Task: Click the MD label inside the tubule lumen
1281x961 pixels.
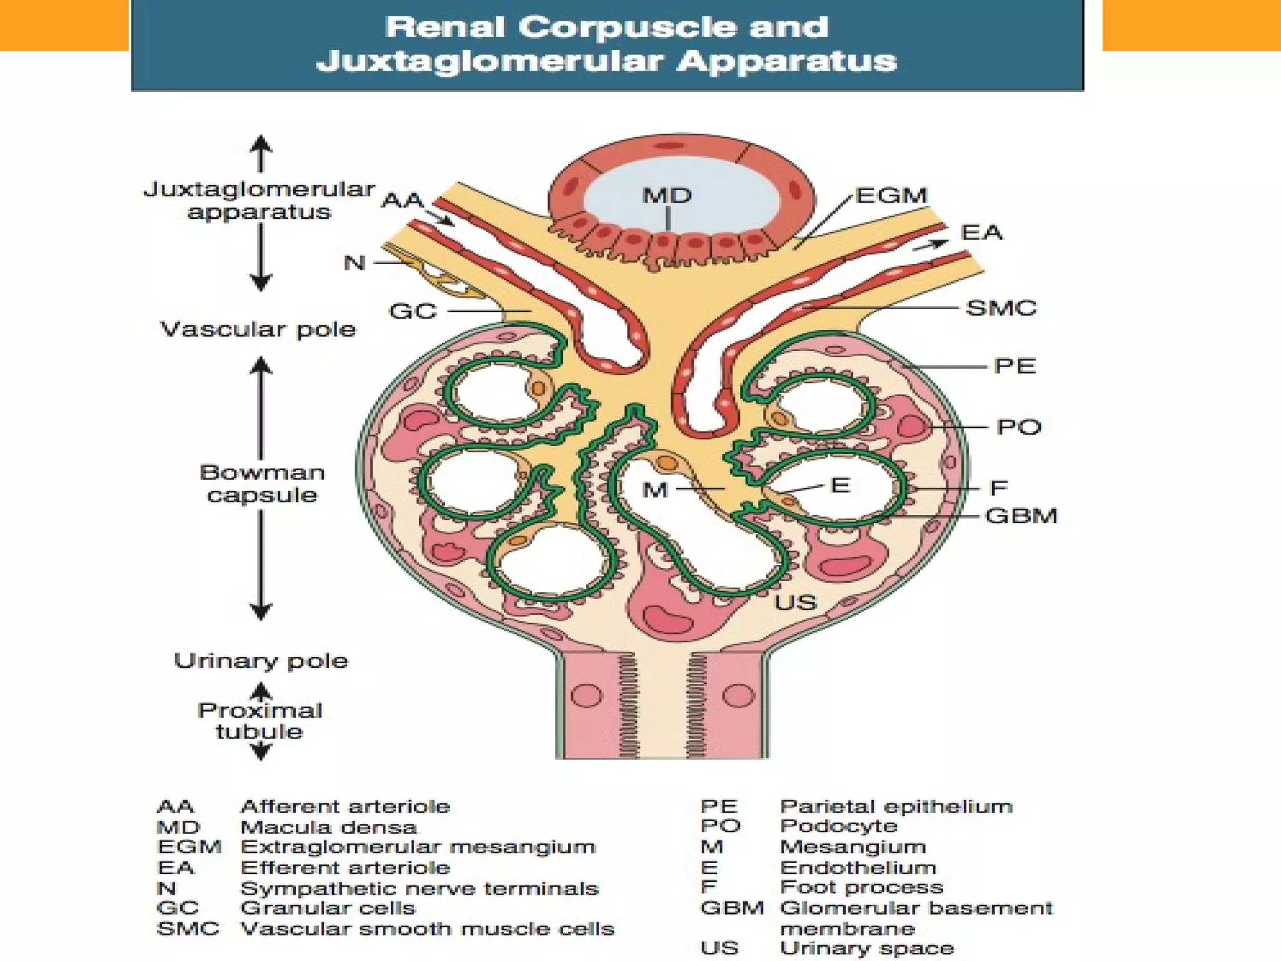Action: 667,196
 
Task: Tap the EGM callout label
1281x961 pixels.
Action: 891,196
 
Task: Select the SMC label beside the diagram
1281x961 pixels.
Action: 1001,308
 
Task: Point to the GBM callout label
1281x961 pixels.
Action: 1021,516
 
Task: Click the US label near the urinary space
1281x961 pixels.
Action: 796,603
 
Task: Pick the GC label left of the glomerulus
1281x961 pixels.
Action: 413,311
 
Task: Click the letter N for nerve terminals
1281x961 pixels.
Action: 355,263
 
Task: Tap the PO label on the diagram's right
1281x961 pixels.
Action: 1019,427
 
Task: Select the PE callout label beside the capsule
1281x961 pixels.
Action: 1015,366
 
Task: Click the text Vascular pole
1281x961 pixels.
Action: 258,329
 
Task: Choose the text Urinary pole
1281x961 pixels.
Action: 261,661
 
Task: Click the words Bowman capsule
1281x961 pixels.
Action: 262,483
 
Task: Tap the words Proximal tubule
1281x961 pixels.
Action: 260,721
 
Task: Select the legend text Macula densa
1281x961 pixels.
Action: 328,827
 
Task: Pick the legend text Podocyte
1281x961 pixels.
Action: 839,826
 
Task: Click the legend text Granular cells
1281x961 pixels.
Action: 328,908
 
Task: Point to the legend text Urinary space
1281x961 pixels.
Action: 867,948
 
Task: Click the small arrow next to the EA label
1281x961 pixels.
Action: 931,245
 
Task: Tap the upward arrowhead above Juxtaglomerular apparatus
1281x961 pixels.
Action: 261,145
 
